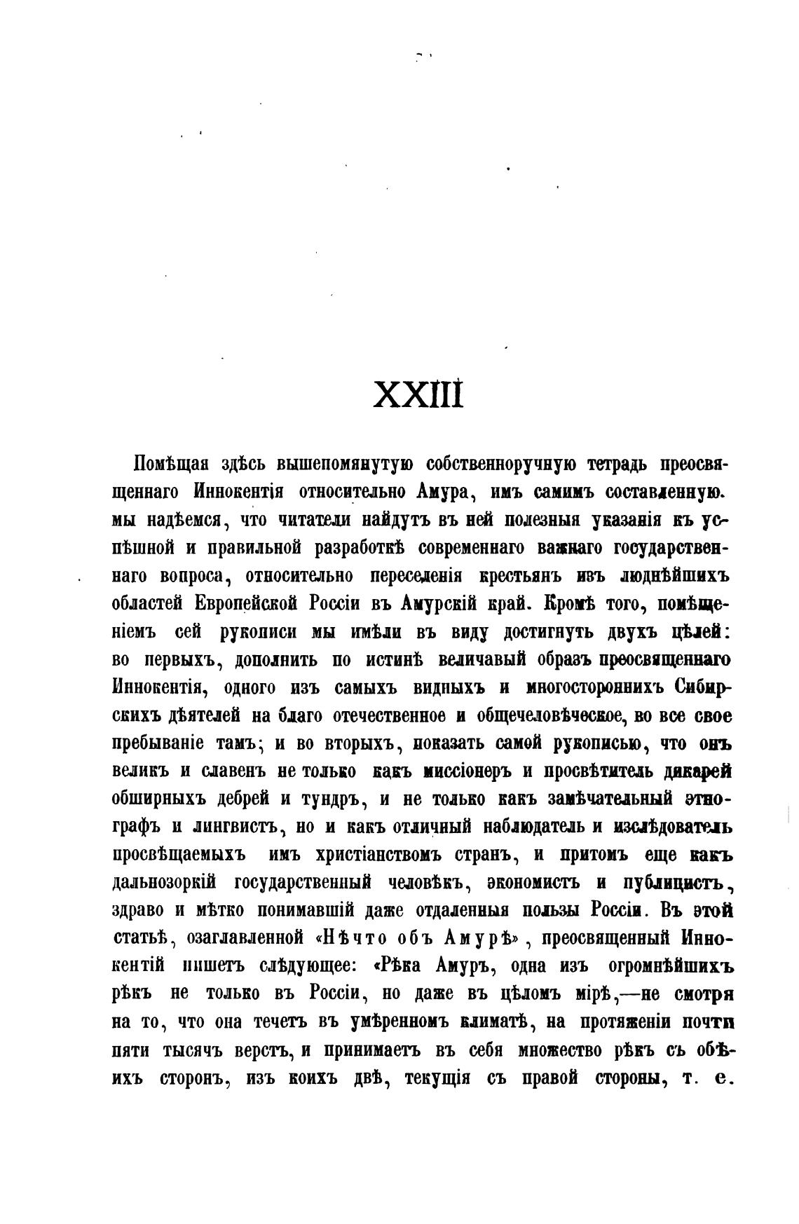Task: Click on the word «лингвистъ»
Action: [x=227, y=827]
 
